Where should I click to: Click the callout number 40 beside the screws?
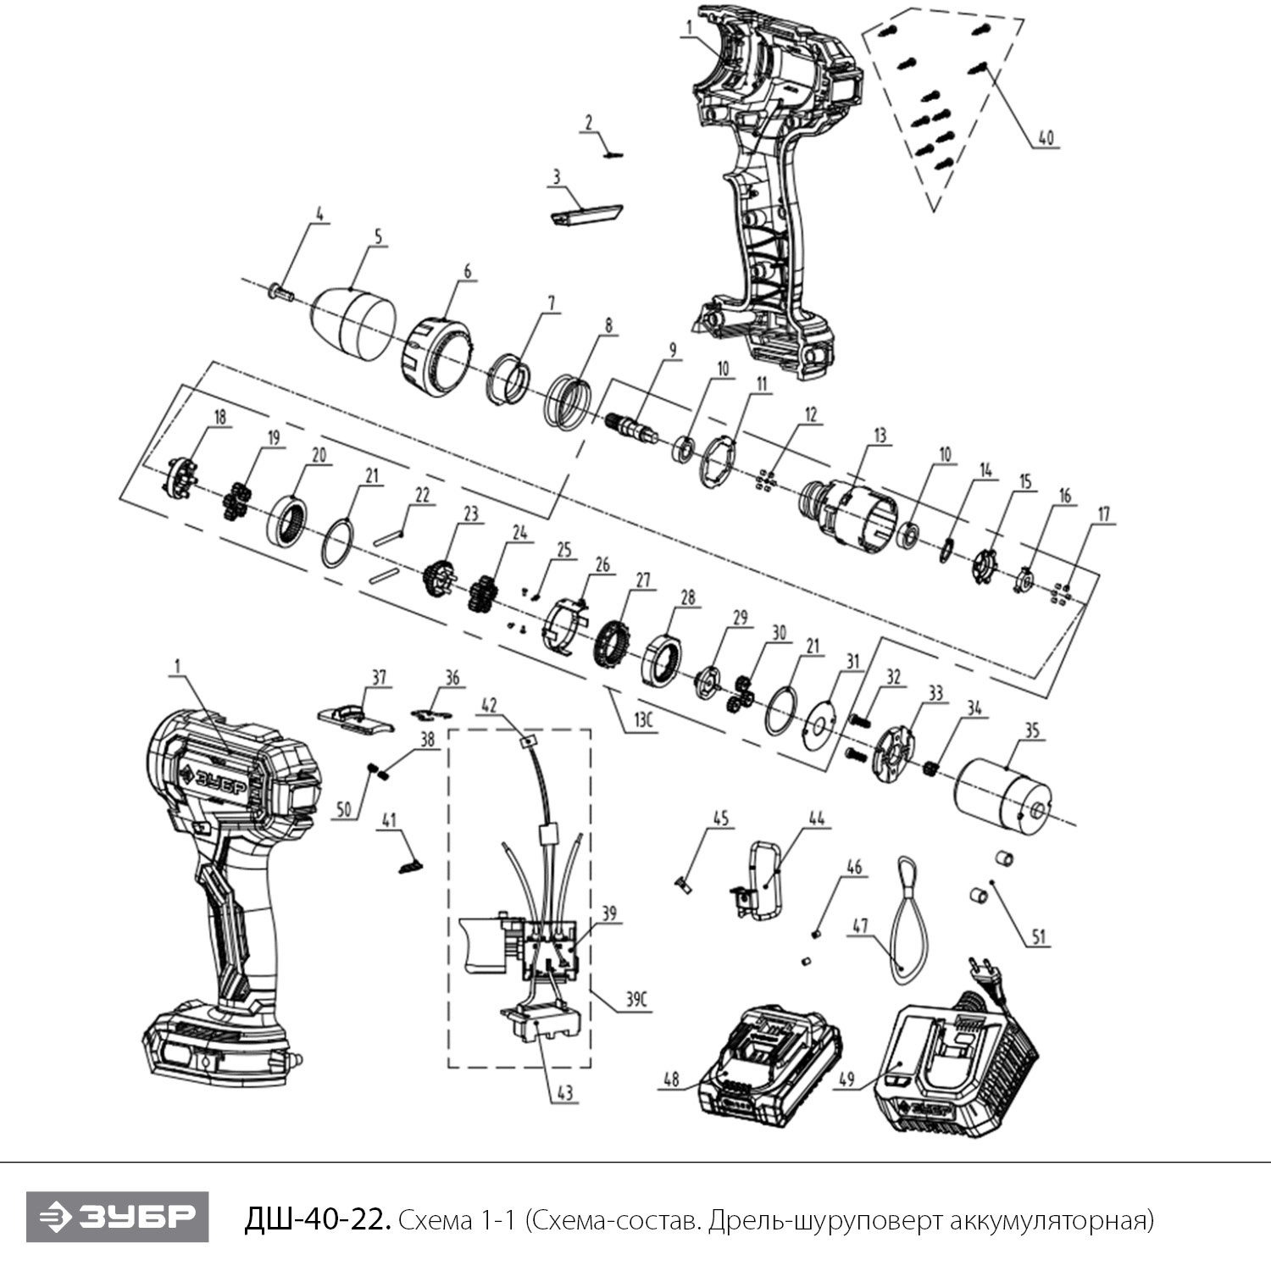(1047, 137)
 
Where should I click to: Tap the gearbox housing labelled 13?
(849, 509)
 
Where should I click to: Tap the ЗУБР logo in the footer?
(117, 1217)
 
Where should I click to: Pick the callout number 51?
(1039, 937)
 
